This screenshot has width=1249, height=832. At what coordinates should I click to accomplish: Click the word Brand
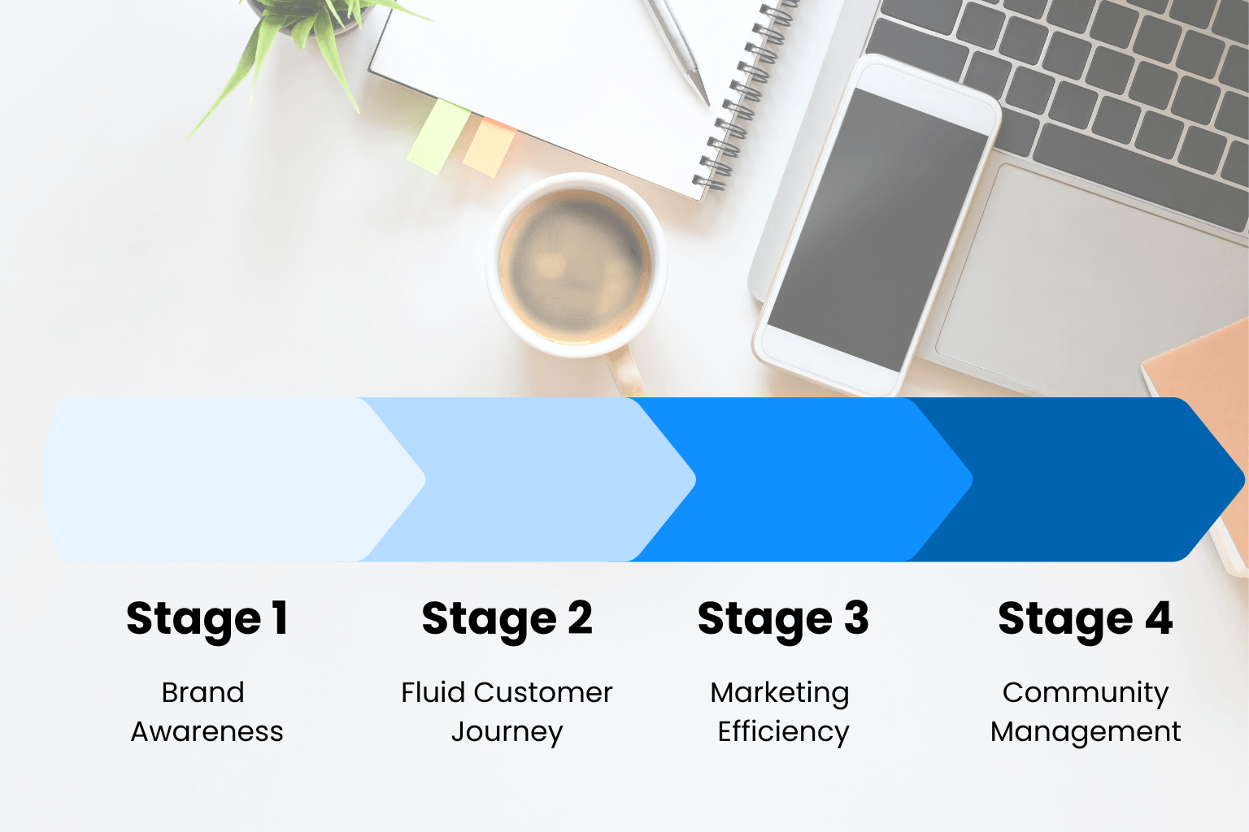[203, 693]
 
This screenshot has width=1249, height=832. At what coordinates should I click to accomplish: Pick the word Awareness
[207, 732]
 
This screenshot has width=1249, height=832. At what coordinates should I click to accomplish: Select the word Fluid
[433, 693]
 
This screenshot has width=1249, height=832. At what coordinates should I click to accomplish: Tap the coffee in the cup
[575, 266]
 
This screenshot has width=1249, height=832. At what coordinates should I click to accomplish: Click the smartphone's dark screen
[877, 230]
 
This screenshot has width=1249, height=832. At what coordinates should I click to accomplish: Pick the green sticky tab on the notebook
[439, 136]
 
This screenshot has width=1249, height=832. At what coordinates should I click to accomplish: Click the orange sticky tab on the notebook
[489, 148]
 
